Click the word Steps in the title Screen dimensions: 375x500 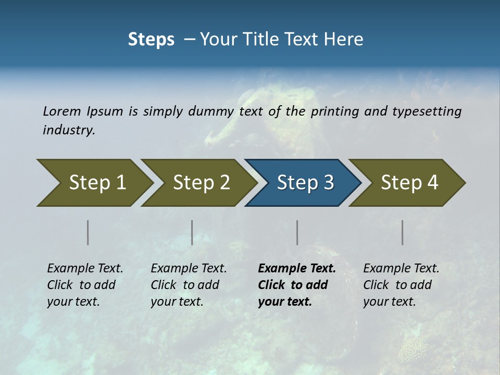(x=151, y=39)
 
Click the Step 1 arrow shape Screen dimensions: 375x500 (x=94, y=182)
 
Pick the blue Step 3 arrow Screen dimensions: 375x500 (x=303, y=182)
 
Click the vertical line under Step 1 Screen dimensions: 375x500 (x=88, y=232)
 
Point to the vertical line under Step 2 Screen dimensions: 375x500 (x=192, y=232)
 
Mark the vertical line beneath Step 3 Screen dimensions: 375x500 (x=297, y=232)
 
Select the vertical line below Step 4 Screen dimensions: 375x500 (x=403, y=232)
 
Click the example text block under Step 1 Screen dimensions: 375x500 (x=85, y=285)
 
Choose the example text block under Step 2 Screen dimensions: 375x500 (x=189, y=285)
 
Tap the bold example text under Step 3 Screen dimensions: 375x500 (x=296, y=285)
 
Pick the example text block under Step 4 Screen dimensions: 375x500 (x=401, y=285)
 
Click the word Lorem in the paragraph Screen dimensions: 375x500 (x=62, y=111)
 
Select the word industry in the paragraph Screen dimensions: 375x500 (x=69, y=130)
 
